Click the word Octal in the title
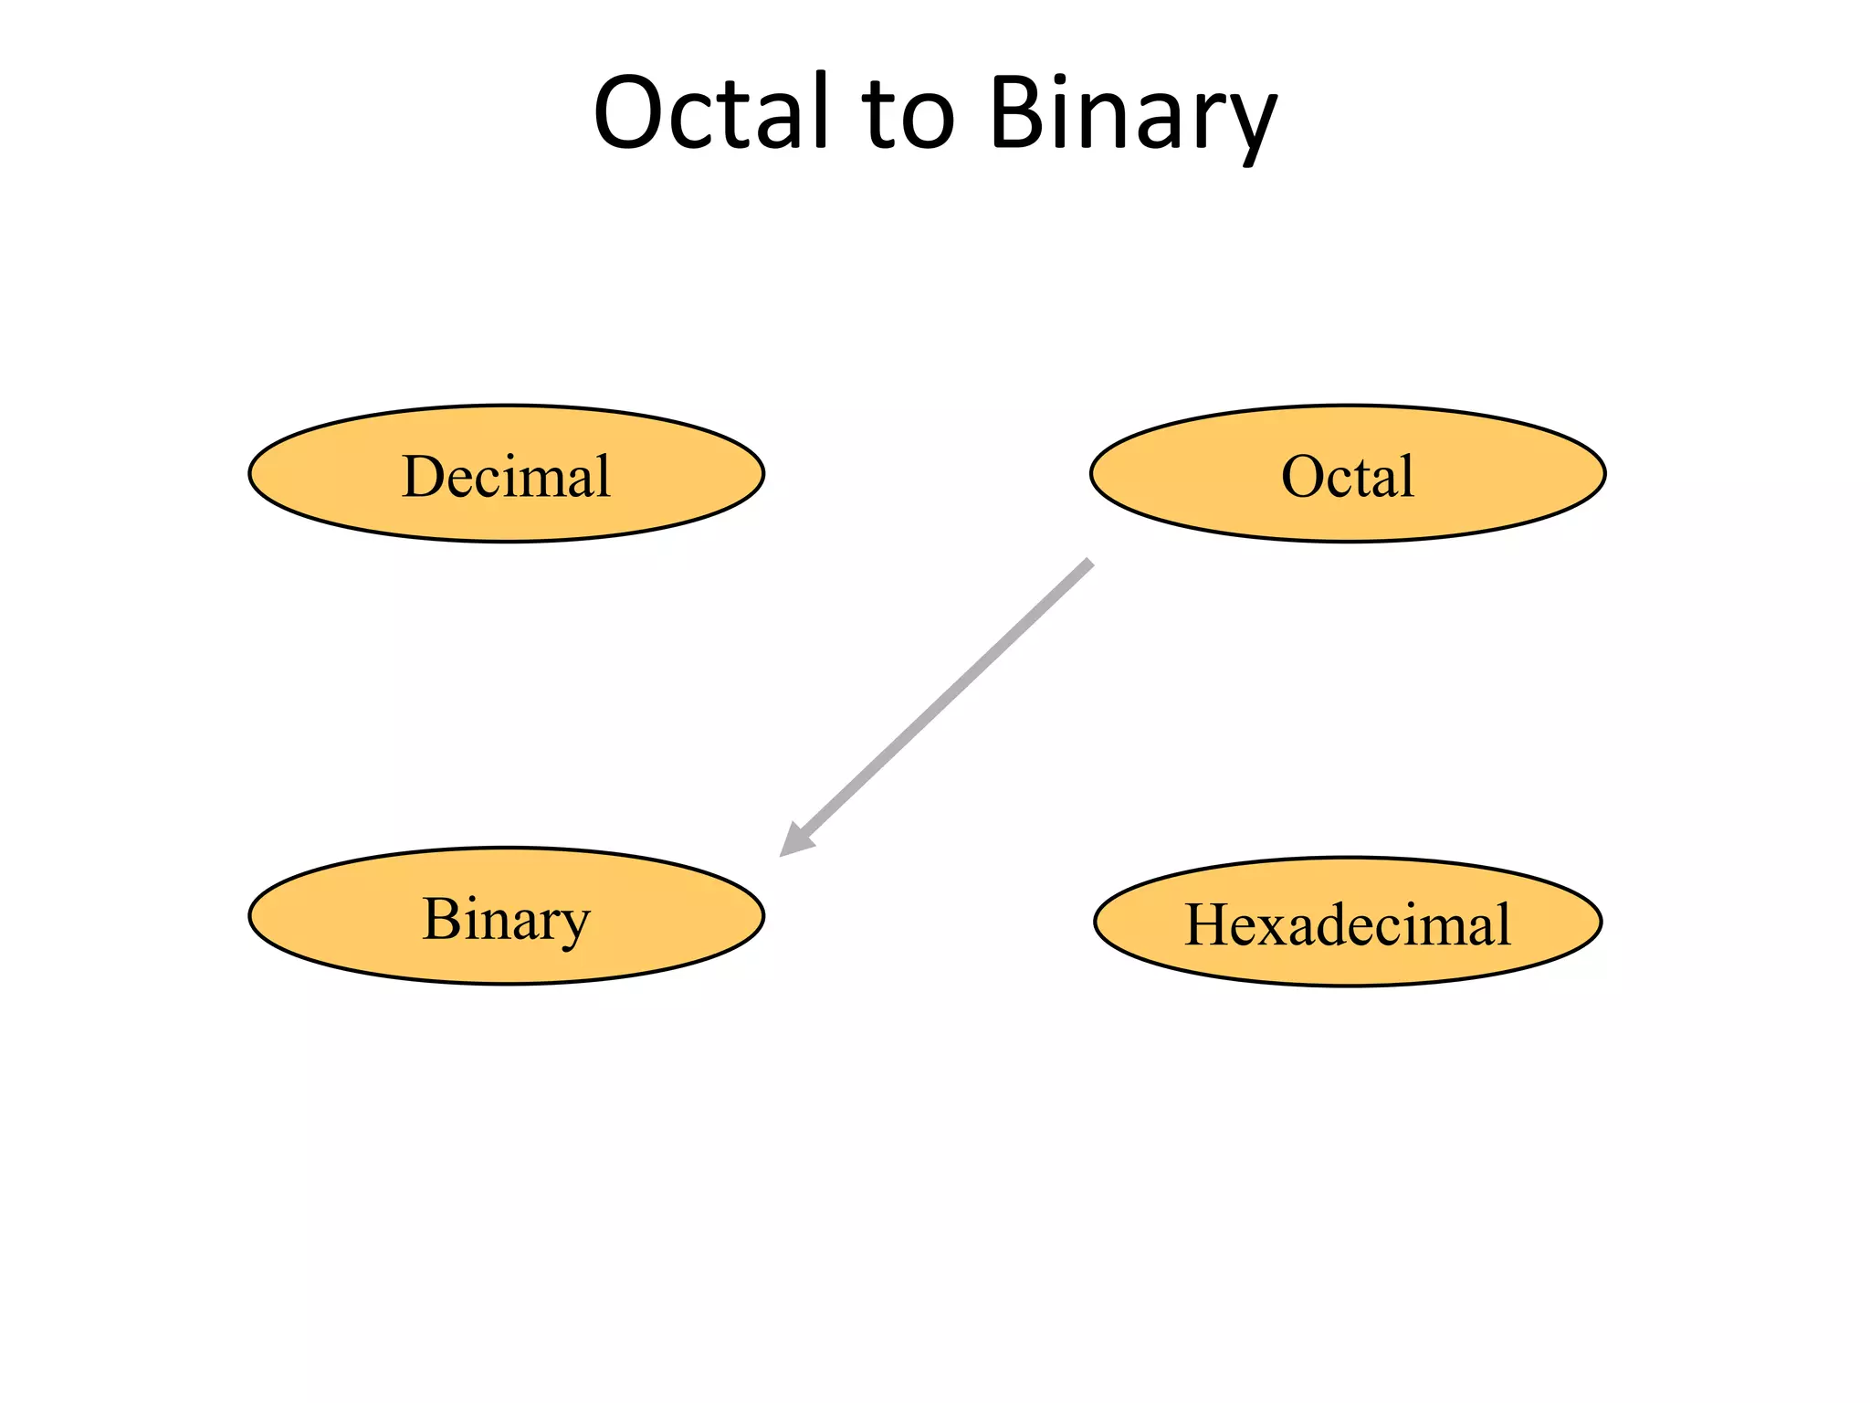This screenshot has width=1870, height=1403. [710, 111]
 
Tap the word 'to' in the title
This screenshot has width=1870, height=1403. [908, 115]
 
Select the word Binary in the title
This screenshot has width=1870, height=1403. [1132, 115]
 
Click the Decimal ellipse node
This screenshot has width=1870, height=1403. [506, 474]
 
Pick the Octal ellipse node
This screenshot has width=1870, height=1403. [1348, 474]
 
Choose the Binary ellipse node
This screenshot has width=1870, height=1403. [506, 916]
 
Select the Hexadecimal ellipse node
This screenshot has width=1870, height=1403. [1348, 922]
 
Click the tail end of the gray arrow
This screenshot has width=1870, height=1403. [1088, 563]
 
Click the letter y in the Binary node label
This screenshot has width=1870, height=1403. [573, 926]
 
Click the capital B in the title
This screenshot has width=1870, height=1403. [1015, 111]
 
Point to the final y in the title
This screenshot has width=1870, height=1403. [1249, 123]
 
